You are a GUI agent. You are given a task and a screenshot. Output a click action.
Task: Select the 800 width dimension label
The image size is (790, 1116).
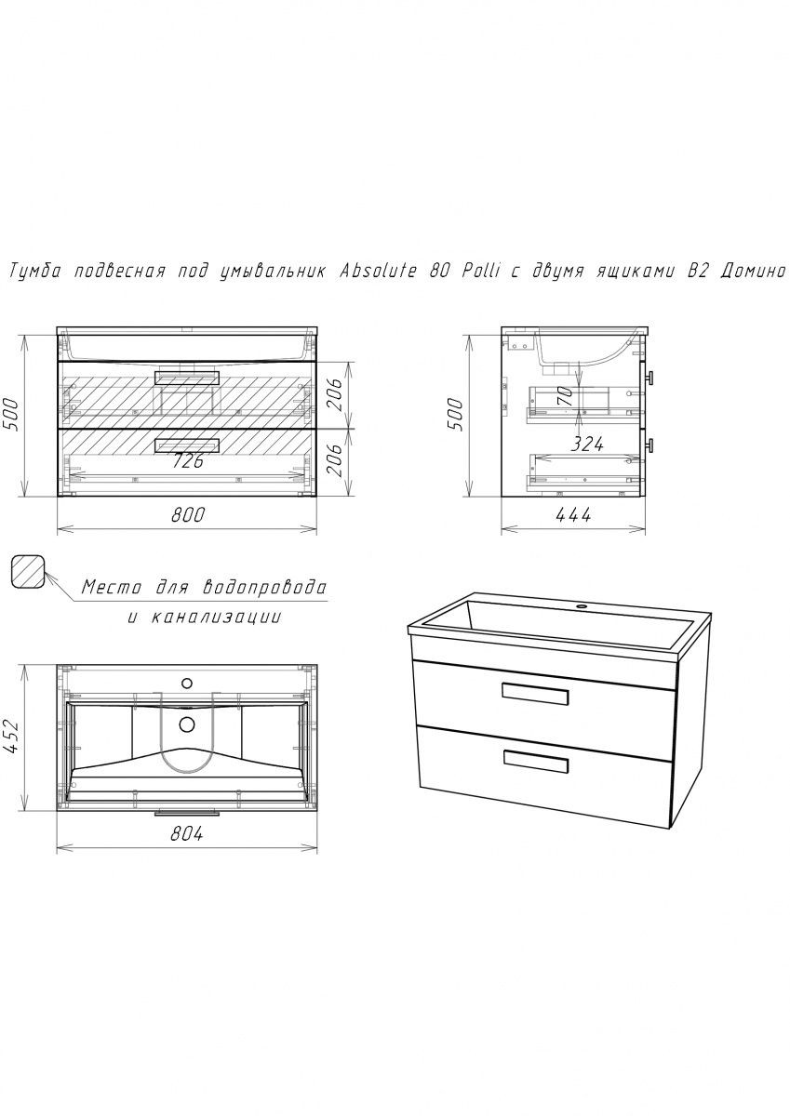tap(187, 515)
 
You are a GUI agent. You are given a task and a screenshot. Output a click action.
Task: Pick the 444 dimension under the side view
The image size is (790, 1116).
tap(574, 515)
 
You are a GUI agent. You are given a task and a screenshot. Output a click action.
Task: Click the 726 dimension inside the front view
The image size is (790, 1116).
tap(188, 461)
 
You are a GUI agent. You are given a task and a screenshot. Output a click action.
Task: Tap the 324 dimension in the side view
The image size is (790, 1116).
tap(587, 444)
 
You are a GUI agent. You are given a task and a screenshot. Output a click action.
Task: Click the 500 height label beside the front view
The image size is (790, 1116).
tap(11, 415)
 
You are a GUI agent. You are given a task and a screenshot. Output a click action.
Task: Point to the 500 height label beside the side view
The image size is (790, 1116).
tap(455, 415)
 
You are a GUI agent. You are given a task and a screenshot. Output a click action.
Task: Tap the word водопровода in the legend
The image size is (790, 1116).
tap(265, 588)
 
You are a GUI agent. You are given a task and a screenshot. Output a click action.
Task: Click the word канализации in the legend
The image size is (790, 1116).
tap(216, 618)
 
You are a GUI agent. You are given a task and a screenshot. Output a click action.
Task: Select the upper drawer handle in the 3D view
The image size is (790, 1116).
tap(535, 694)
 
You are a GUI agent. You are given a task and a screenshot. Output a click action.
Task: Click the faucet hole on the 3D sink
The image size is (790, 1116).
tap(580, 606)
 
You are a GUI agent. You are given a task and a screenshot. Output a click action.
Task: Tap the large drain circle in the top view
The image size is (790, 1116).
tap(187, 724)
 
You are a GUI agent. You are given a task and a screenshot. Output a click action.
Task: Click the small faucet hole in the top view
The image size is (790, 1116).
tap(187, 683)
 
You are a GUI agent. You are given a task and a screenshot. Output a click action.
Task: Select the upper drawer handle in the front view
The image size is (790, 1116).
tap(187, 378)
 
